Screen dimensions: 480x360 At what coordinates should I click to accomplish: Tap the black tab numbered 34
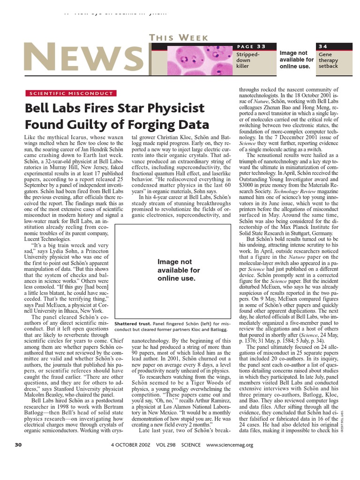(x=323, y=46)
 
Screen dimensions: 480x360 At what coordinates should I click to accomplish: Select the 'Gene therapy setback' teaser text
(x=328, y=60)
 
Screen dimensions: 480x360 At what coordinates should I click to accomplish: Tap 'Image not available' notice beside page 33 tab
(x=296, y=60)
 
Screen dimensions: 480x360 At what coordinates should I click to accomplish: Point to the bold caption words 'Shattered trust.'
(x=133, y=323)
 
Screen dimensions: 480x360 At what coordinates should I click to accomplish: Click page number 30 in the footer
(x=18, y=445)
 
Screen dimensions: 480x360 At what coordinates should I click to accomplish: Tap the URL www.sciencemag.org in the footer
(x=229, y=445)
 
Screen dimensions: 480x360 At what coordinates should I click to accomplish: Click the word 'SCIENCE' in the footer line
(x=190, y=445)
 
